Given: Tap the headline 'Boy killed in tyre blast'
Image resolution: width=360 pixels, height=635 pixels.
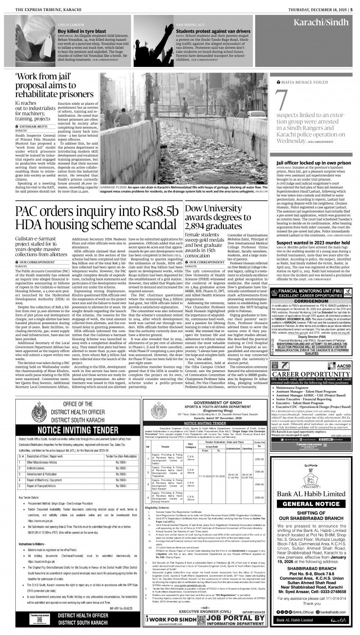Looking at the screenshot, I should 82,31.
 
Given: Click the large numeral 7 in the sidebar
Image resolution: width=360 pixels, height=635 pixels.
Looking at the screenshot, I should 281,98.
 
